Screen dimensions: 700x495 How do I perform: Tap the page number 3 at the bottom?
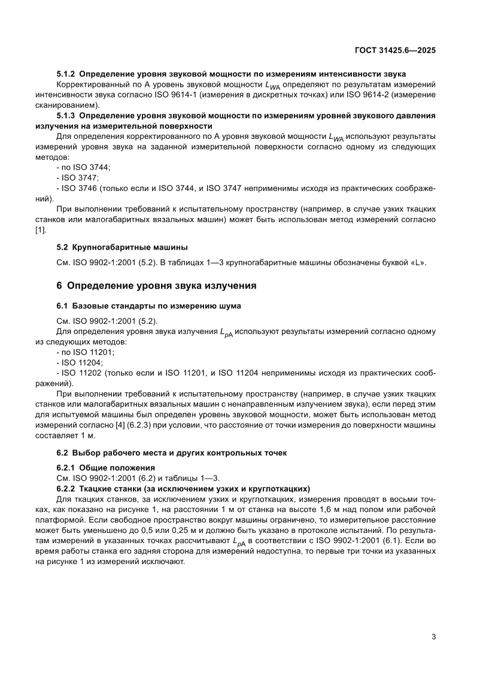click(433, 637)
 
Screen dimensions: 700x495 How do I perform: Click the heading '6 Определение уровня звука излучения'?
click(156, 286)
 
